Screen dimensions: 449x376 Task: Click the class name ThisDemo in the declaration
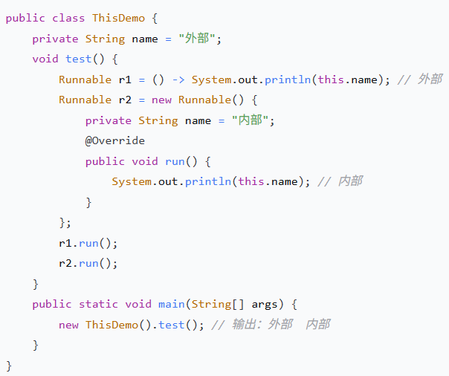pyautogui.click(x=119, y=17)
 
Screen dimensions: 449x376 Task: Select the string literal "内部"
pyautogui.click(x=253, y=120)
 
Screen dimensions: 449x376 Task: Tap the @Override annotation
pyautogui.click(x=114, y=140)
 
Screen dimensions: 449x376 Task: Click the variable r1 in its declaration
pyautogui.click(x=126, y=79)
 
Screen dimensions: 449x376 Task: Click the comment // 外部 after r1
pyautogui.click(x=419, y=79)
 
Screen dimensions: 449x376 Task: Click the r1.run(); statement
pyautogui.click(x=88, y=243)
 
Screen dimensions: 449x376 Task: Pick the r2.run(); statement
pyautogui.click(x=88, y=263)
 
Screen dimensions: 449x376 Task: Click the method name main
pyautogui.click(x=172, y=304)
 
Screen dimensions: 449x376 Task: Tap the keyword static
pyautogui.click(x=98, y=304)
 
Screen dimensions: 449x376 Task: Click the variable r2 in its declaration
pyautogui.click(x=126, y=100)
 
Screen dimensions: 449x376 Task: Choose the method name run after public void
pyautogui.click(x=175, y=161)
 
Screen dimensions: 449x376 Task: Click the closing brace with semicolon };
pyautogui.click(x=65, y=222)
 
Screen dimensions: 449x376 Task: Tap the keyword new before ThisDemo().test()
pyautogui.click(x=68, y=325)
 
